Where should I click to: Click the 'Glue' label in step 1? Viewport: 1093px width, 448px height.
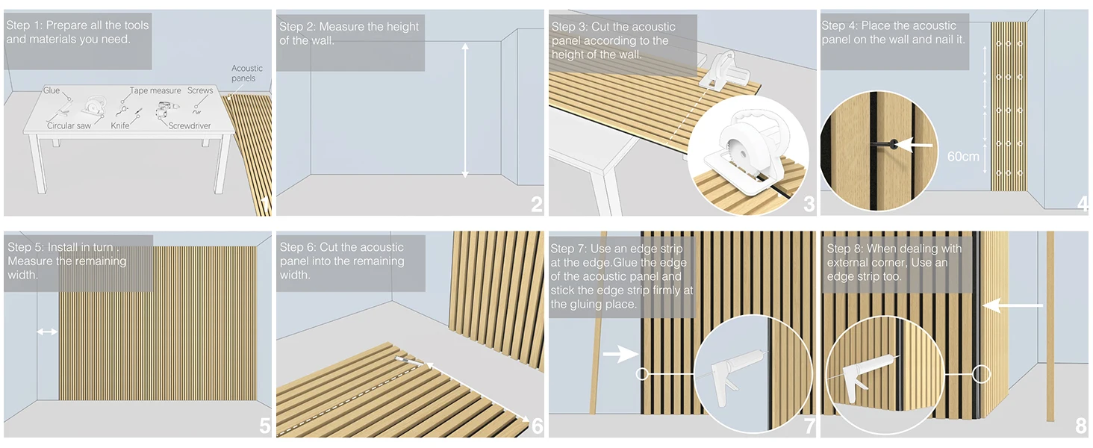click(x=52, y=90)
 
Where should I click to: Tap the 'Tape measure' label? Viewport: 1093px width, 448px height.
click(x=155, y=90)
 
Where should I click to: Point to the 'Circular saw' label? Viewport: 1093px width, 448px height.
click(x=69, y=126)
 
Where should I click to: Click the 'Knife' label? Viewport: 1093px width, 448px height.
click(x=120, y=126)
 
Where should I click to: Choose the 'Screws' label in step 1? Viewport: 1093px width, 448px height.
click(x=200, y=90)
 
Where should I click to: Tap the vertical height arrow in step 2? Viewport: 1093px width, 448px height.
click(x=465, y=111)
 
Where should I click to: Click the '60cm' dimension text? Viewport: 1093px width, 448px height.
click(x=963, y=157)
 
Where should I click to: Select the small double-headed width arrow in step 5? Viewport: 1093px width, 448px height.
click(x=47, y=331)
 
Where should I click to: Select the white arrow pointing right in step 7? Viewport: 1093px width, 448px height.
click(x=620, y=355)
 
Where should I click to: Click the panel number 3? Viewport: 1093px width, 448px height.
click(x=809, y=203)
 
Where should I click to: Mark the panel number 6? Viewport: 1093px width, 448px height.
click(x=536, y=426)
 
